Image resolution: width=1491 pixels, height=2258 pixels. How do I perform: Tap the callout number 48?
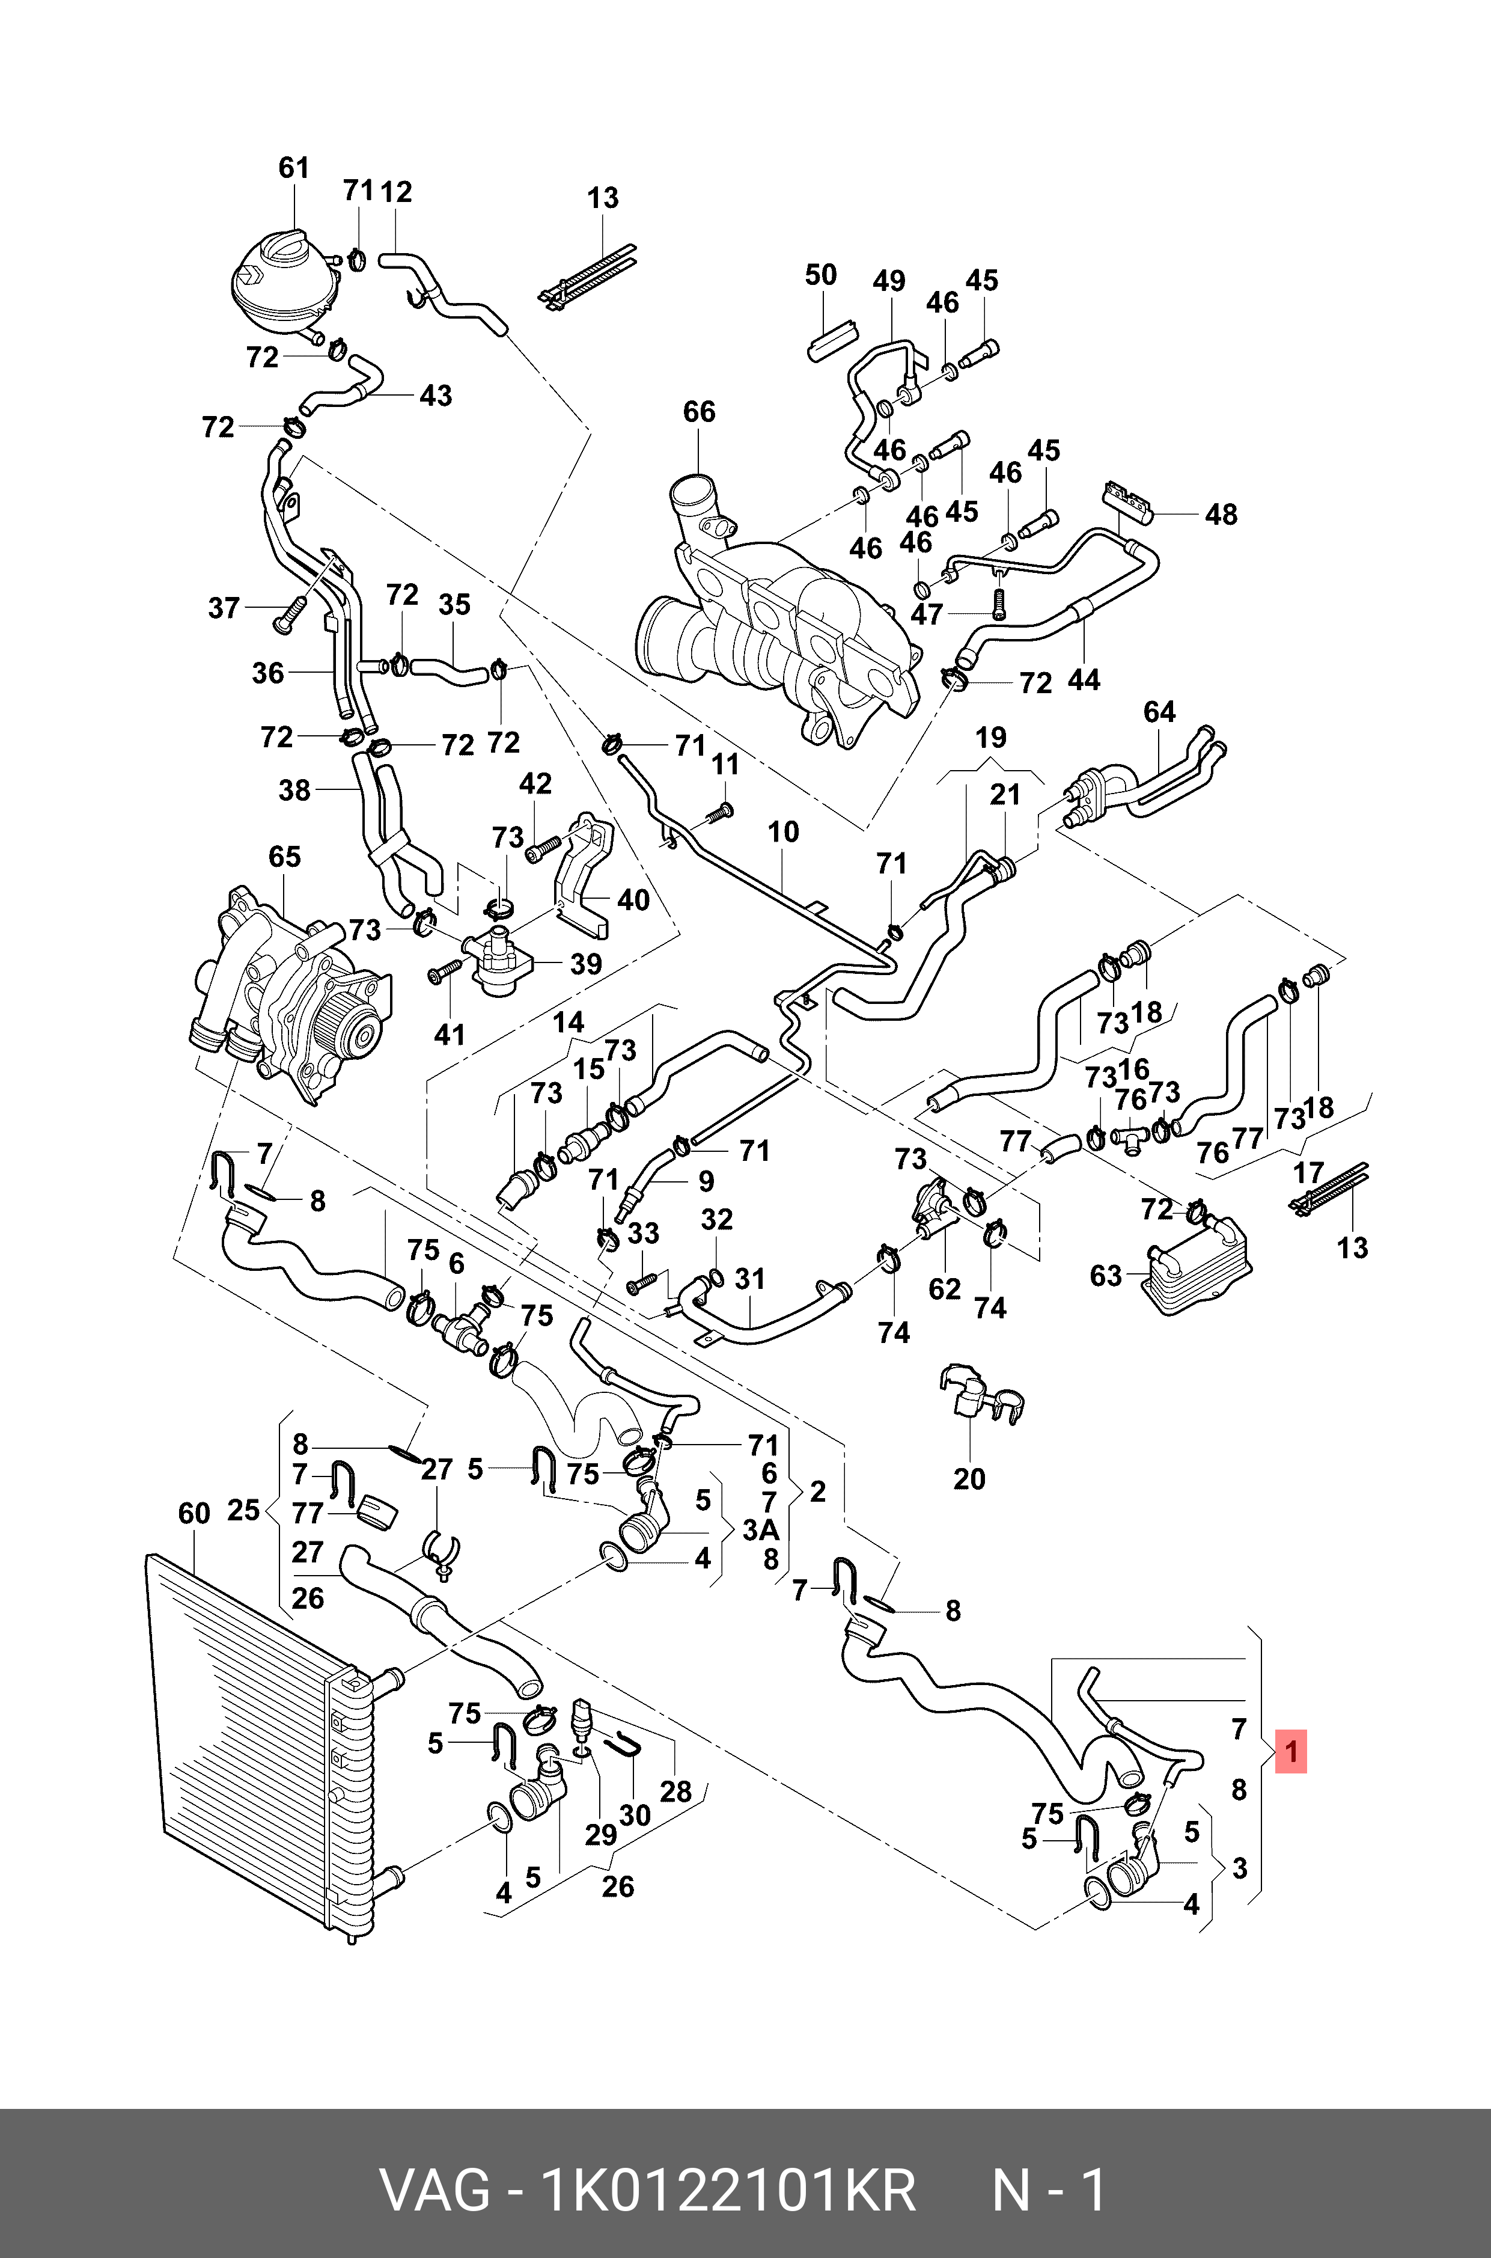(x=1221, y=515)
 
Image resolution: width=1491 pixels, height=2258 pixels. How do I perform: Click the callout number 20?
(x=969, y=1479)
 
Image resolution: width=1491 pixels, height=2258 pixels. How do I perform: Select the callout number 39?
(x=586, y=964)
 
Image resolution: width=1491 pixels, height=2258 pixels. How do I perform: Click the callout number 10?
(x=782, y=832)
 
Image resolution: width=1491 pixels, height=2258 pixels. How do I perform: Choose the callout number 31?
(x=750, y=1279)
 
